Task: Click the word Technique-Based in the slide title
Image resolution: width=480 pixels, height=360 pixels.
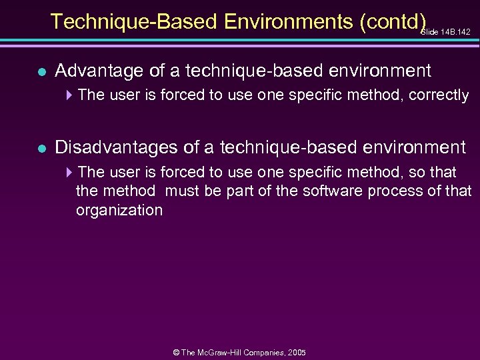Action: pos(134,21)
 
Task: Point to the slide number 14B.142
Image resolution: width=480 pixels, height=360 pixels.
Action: pos(456,31)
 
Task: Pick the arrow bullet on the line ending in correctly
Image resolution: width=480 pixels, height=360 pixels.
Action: pos(69,95)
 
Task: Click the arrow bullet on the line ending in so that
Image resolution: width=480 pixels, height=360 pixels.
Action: pos(69,172)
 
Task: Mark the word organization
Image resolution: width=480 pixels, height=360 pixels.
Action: pos(119,211)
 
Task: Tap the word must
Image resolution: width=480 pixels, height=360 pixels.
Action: pos(182,191)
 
